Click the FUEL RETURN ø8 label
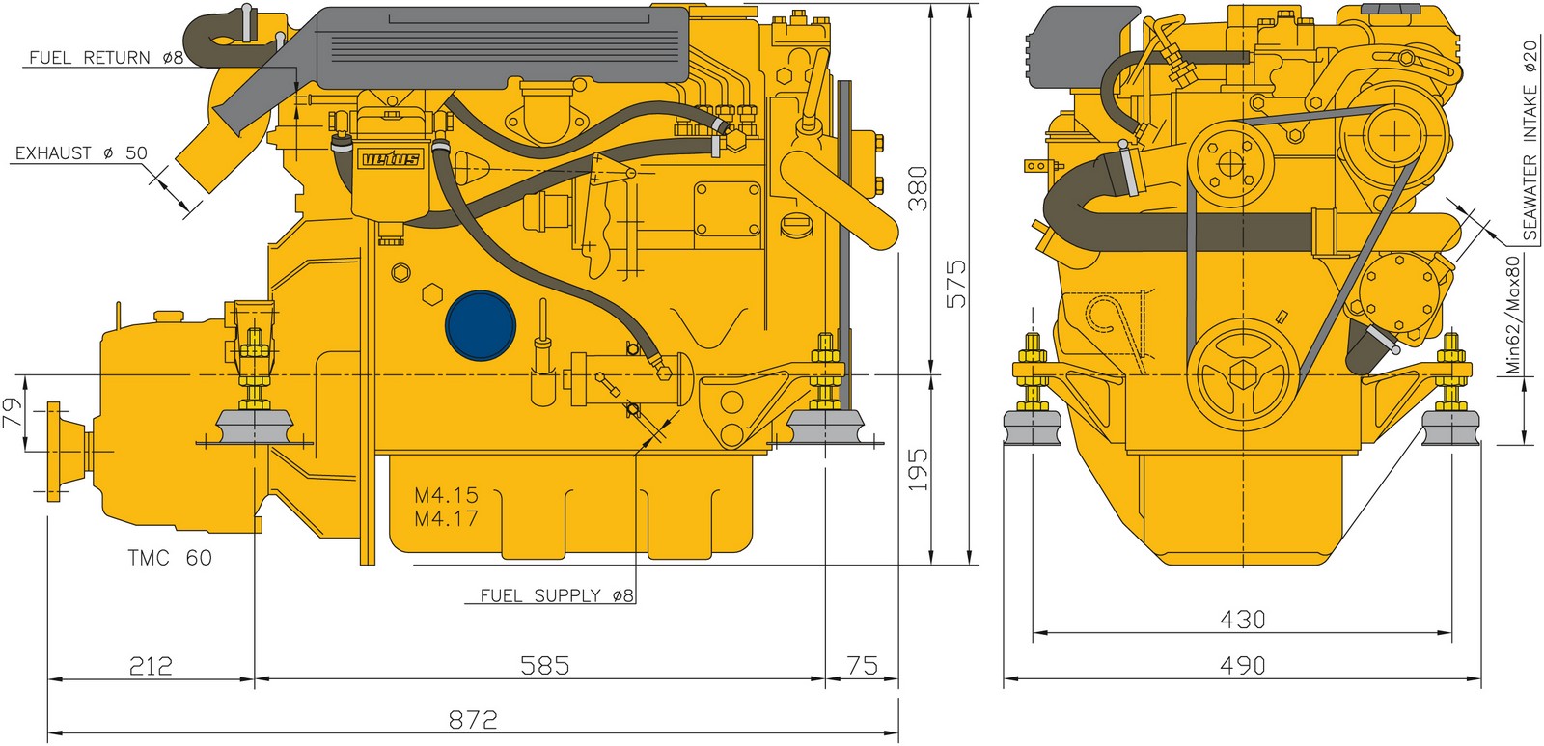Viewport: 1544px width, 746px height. [x=106, y=57]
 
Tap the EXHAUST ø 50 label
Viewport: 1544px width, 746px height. [x=81, y=153]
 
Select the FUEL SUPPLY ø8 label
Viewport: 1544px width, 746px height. [x=556, y=595]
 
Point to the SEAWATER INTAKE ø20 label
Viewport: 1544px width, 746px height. [x=1530, y=139]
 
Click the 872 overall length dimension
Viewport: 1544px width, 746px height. [x=472, y=720]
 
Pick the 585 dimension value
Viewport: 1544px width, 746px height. [x=544, y=665]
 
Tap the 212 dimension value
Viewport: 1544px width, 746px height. [x=151, y=666]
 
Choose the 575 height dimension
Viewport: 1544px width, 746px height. [x=955, y=284]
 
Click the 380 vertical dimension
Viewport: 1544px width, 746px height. [x=918, y=187]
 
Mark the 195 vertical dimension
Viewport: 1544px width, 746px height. [x=918, y=470]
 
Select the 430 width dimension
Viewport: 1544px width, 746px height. [x=1242, y=620]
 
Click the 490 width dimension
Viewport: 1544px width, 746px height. [x=1242, y=665]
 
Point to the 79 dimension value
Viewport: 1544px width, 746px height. [x=14, y=413]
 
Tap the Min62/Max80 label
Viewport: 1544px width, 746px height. [x=1512, y=315]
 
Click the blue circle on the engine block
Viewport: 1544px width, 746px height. [x=481, y=325]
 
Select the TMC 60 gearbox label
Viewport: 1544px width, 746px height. [x=170, y=557]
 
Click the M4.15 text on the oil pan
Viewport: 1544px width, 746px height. [x=446, y=495]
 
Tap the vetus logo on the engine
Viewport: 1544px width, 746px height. [x=391, y=160]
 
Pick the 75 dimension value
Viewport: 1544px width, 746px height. [x=862, y=665]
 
